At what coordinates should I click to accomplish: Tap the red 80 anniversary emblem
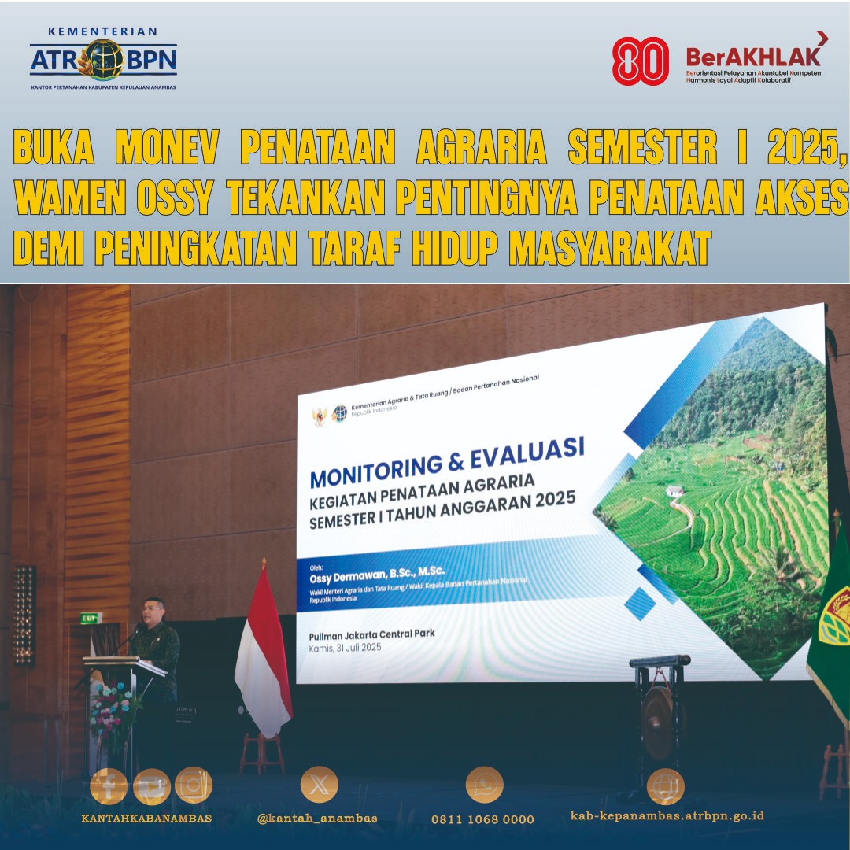(x=640, y=61)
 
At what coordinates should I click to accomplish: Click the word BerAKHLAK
(x=753, y=56)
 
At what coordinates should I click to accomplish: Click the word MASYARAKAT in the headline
(x=610, y=249)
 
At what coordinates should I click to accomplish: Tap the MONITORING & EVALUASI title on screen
(x=447, y=464)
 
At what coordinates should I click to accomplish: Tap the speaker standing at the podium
(x=155, y=645)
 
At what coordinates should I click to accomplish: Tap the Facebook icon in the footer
(x=109, y=785)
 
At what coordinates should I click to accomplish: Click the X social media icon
(x=319, y=785)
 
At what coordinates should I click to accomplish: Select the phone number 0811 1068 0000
(x=482, y=819)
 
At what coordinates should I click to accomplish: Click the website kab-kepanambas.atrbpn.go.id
(x=667, y=816)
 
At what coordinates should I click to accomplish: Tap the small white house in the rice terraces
(x=674, y=491)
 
